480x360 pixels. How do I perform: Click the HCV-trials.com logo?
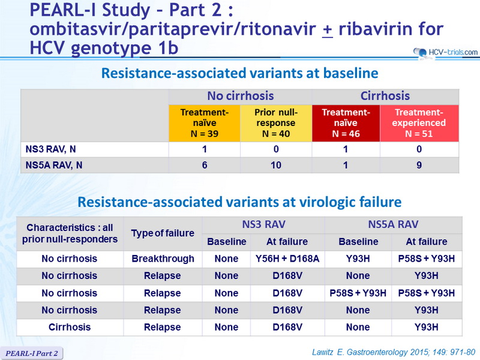(445, 53)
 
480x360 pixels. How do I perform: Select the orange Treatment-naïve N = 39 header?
(205, 123)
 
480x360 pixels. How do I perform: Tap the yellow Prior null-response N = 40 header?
(276, 123)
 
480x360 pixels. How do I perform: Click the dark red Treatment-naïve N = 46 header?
(346, 123)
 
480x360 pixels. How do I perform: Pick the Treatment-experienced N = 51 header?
(419, 123)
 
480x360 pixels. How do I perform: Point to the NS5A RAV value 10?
(276, 166)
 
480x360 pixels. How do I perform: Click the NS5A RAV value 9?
(419, 166)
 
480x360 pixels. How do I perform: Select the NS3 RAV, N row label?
(51, 149)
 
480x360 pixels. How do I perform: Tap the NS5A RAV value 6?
(205, 166)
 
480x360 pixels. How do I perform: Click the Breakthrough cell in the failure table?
(163, 259)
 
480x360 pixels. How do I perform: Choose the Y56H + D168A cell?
(287, 259)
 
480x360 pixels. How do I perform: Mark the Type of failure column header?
(163, 233)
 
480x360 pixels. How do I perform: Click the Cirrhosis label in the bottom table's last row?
(70, 327)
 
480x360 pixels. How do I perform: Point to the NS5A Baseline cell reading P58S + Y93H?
(358, 293)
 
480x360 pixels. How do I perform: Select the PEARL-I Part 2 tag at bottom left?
(32, 353)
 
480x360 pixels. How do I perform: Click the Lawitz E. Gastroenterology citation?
(394, 352)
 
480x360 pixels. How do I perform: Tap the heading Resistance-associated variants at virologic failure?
(239, 202)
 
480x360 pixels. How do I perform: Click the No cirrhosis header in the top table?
(241, 96)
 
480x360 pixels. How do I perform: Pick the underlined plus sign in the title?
(328, 29)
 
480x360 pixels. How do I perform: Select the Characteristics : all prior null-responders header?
(70, 233)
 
